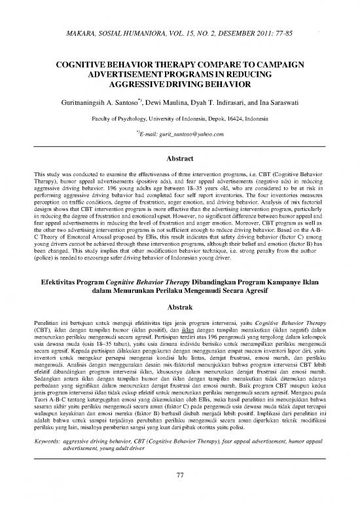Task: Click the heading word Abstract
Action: (179, 158)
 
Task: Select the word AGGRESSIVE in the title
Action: (146, 86)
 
